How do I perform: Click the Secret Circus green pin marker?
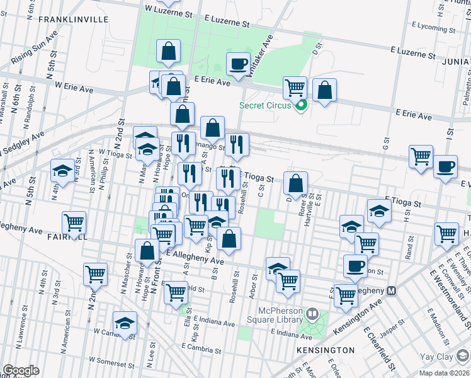300,105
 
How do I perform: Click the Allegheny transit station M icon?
392,291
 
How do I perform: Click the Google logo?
20,370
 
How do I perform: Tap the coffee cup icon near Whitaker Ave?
239,64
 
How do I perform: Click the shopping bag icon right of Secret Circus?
324,90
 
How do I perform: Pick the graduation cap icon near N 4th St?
62,171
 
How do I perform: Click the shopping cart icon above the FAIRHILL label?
74,223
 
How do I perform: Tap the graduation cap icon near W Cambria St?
125,323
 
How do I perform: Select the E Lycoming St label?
427,28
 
